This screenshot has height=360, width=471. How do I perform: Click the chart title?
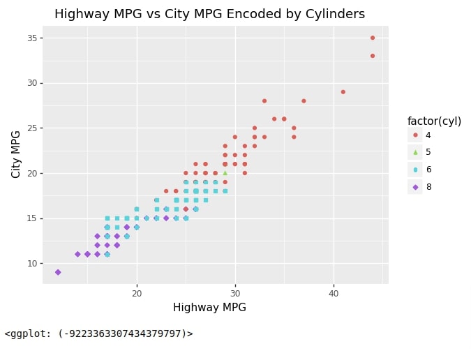coord(209,14)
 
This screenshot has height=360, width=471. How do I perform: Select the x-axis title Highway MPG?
coord(209,307)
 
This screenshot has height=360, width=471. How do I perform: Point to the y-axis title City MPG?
coord(15,154)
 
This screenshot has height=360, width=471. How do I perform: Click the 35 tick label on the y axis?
coord(32,38)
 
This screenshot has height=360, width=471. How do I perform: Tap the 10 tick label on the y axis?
coord(32,264)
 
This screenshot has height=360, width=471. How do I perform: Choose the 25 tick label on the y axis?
coord(32,128)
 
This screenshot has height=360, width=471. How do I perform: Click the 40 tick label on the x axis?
coord(334,293)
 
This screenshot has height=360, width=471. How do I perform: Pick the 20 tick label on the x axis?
coord(137,293)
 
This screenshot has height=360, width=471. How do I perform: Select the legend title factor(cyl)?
coord(434,121)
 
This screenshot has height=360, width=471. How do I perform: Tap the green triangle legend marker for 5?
coord(415,152)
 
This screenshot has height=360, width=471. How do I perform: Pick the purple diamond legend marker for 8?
coord(415,187)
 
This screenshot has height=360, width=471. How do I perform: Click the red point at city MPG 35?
coord(373,38)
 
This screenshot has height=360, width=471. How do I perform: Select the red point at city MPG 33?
coord(373,56)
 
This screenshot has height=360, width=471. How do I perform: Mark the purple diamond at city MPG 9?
coord(58,272)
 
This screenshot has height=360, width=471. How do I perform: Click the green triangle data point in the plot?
coord(225,173)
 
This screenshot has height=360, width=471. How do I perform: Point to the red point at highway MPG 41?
coord(343,92)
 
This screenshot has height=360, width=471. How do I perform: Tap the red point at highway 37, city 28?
coord(304,101)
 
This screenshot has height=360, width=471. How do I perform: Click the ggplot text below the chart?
coord(99,333)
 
